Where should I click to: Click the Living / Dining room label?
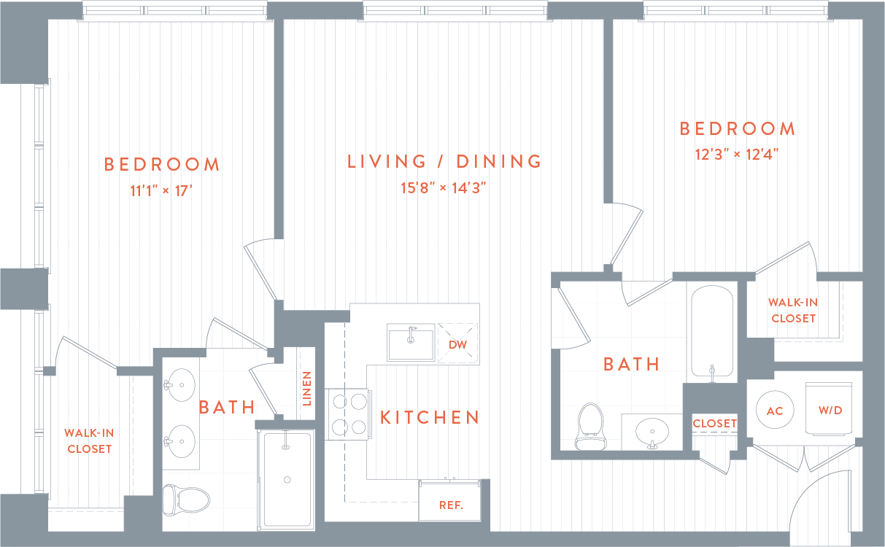[x=444, y=161]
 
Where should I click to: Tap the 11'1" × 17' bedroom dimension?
[x=161, y=192]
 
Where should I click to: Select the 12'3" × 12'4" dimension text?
[x=737, y=155]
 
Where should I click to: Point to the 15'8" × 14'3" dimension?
[x=444, y=187]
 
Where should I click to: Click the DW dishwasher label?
[x=457, y=344]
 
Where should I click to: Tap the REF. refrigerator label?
[x=450, y=505]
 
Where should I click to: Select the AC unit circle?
[x=775, y=411]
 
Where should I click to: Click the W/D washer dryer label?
[x=830, y=411]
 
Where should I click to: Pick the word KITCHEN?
[x=430, y=417]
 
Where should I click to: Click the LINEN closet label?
[x=306, y=388]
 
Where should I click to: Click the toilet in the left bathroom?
[x=185, y=499]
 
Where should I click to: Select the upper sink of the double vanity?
[x=179, y=382]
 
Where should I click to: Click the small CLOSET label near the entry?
[x=715, y=423]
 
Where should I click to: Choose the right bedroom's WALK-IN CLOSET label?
[x=793, y=310]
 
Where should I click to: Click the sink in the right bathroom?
[x=651, y=432]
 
